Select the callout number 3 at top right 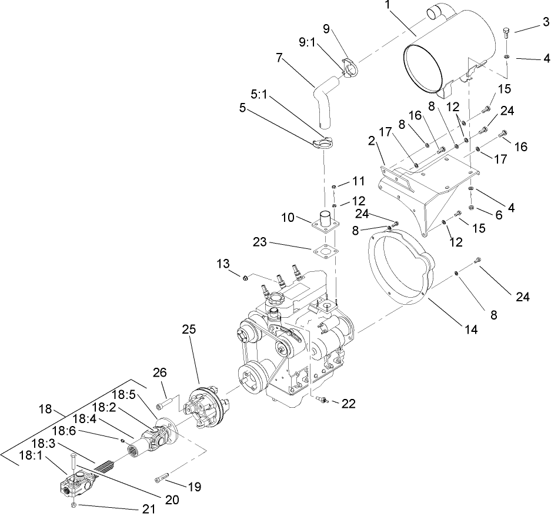point(546,22)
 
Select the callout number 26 point(159,372)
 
